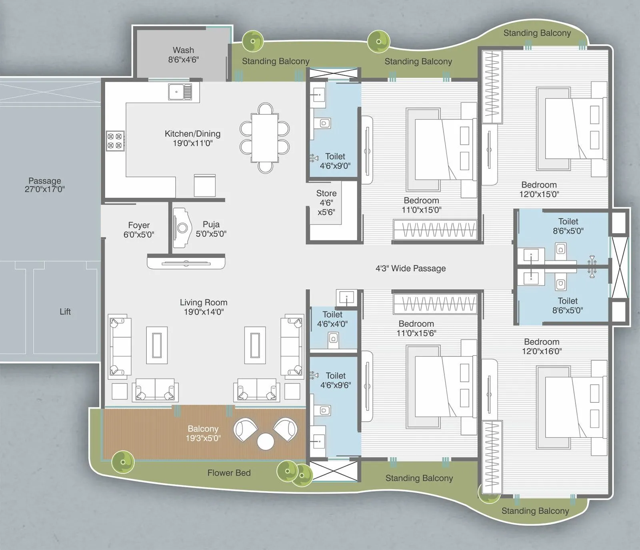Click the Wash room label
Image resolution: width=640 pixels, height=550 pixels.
183,55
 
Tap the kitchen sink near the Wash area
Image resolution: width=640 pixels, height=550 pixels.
180,92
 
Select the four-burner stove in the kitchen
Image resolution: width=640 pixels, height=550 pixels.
115,141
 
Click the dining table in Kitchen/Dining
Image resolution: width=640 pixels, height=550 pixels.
264,138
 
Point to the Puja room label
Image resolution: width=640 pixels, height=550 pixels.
211,229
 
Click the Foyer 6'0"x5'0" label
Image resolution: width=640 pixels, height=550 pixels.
139,230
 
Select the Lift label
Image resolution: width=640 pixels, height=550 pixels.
65,312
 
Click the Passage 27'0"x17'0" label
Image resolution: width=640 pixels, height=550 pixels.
45,185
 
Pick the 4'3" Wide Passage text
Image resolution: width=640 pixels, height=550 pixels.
410,268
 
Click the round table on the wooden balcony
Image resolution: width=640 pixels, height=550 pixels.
266,442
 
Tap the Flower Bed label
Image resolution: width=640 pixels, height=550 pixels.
229,473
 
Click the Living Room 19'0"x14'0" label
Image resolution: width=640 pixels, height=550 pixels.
203,307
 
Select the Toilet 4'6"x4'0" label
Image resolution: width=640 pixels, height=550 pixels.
332,319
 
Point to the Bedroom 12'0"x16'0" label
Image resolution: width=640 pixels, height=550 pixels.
542,346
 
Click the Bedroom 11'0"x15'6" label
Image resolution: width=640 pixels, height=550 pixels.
416,328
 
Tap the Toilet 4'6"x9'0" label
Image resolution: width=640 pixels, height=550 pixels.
335,161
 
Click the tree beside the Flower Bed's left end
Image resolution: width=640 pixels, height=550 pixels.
123,462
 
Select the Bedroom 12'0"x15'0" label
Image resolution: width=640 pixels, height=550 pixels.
539,189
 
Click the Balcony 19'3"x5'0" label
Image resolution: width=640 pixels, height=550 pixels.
203,433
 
